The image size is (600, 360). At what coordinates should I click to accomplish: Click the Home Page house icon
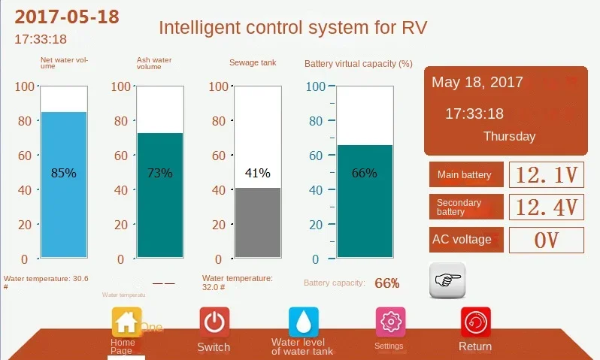[126, 322]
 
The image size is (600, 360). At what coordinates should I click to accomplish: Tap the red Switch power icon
[214, 322]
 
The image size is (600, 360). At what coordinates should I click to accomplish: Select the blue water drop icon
[304, 322]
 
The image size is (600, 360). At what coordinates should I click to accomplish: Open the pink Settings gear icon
[390, 322]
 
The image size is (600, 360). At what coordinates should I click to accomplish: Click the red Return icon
[475, 322]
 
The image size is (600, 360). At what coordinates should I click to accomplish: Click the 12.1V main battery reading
[547, 176]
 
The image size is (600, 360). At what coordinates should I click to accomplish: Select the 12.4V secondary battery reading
[547, 207]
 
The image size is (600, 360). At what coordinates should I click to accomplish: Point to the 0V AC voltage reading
[547, 241]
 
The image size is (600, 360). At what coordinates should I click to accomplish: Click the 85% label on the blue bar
[63, 173]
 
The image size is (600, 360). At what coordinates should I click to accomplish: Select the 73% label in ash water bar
[159, 173]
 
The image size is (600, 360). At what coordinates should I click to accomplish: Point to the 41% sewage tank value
[257, 173]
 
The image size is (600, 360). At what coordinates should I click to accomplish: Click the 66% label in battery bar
[365, 173]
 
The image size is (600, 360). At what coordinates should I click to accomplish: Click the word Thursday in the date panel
[509, 137]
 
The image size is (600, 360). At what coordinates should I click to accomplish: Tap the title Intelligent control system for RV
[292, 29]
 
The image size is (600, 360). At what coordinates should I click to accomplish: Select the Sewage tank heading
[253, 62]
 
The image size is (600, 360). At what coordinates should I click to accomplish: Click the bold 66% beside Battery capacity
[386, 283]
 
